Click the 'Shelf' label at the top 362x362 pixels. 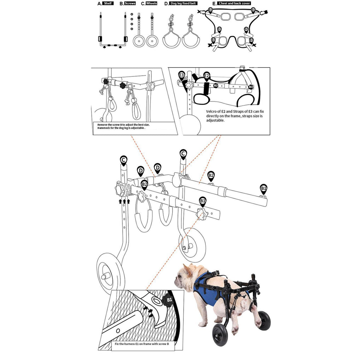(x=109, y=3)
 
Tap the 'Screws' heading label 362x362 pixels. (x=130, y=3)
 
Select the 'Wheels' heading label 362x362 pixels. (x=151, y=3)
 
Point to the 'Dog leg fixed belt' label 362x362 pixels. (x=183, y=3)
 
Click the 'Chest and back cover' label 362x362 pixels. (x=234, y=3)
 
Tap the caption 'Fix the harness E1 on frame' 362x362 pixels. (x=134, y=344)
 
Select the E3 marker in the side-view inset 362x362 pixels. (x=182, y=75)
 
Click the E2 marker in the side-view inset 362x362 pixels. (x=206, y=76)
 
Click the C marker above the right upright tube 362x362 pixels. (x=183, y=154)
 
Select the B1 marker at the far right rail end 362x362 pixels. (x=263, y=188)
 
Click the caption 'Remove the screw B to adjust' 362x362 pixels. (x=123, y=125)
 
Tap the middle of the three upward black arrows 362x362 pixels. (x=124, y=201)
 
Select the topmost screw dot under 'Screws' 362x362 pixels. (x=132, y=14)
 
